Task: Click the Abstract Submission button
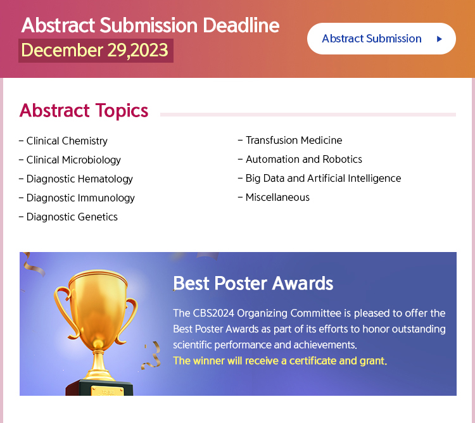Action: coord(381,39)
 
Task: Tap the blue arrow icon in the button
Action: coord(440,39)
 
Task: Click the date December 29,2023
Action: coord(94,50)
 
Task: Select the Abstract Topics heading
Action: coord(84,110)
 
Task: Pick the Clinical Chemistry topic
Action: coord(67,141)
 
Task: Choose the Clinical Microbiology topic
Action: coord(73,160)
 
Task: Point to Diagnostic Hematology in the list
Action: coord(80,179)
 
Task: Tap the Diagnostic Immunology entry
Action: coord(80,198)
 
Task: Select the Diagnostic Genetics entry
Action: coord(72,217)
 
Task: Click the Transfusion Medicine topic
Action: coord(294,140)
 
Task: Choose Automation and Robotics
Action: coord(304,160)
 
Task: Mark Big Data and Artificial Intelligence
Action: coord(323,179)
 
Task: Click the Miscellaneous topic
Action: coord(277,198)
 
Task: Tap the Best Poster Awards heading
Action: coord(253,284)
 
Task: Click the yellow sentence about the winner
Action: coord(280,361)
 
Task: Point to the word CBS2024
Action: coord(213,313)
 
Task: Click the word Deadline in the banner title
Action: coord(241,25)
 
